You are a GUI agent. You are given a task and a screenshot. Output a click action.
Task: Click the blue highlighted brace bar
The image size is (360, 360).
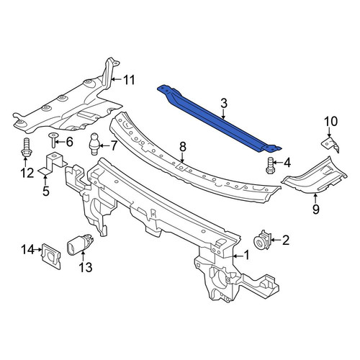[220, 120]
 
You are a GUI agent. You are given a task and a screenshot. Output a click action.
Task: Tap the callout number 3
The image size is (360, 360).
[223, 104]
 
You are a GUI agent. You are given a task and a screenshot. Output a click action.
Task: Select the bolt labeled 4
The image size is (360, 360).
[270, 165]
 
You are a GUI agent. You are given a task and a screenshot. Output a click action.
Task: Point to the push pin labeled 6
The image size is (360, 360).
[53, 140]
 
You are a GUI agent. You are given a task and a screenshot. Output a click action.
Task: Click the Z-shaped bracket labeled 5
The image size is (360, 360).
[53, 163]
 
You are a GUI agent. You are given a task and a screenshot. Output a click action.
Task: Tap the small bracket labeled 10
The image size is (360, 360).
[330, 145]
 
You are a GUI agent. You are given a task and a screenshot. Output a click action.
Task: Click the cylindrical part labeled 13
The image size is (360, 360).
[80, 246]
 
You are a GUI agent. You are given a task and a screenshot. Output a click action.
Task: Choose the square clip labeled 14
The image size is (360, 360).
[52, 256]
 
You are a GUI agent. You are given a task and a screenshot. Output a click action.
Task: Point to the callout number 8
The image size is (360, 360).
[183, 147]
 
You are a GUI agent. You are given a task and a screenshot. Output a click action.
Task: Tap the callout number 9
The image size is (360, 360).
[316, 209]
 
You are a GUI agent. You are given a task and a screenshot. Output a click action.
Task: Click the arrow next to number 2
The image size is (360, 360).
[276, 240]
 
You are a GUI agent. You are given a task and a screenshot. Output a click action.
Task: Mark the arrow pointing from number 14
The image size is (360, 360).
[37, 250]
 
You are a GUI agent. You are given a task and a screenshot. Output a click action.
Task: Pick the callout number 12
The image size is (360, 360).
[27, 173]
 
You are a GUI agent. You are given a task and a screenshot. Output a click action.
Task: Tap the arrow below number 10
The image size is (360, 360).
[329, 132]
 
